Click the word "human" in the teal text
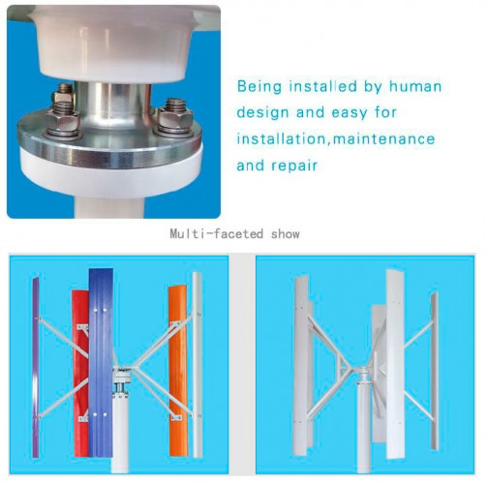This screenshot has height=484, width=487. [x=415, y=86]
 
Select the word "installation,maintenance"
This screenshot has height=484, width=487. [x=336, y=139]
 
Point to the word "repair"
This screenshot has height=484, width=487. [x=294, y=166]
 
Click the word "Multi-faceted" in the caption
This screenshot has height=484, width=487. [x=217, y=233]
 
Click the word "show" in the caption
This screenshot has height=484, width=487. [x=285, y=234]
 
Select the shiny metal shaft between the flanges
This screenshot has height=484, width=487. [x=113, y=105]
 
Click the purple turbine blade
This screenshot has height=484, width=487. [x=36, y=367]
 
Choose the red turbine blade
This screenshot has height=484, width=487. [x=80, y=373]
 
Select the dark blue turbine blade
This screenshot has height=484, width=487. [x=101, y=362]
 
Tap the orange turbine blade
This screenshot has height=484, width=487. [x=178, y=371]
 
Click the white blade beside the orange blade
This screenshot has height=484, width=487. [x=197, y=365]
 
